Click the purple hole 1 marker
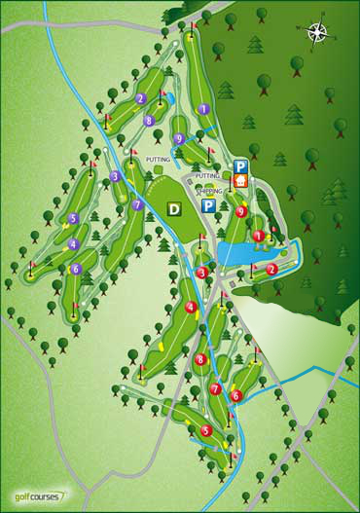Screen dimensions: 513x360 (203, 109)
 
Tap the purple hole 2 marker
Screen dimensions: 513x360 (141, 98)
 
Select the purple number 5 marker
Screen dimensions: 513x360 (73, 219)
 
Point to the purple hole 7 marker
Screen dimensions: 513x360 (137, 205)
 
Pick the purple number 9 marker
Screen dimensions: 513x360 (180, 139)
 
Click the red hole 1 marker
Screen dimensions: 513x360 (258, 236)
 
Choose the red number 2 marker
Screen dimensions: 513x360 (272, 269)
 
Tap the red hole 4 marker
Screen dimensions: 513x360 (191, 309)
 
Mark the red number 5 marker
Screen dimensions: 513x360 (205, 430)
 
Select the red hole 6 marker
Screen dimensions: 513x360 (235, 395)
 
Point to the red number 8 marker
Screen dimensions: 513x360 (199, 359)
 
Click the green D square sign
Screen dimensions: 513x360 (174, 208)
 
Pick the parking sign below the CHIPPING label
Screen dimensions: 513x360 (208, 206)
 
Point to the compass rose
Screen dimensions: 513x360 (318, 33)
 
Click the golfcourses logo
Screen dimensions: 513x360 (37, 494)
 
